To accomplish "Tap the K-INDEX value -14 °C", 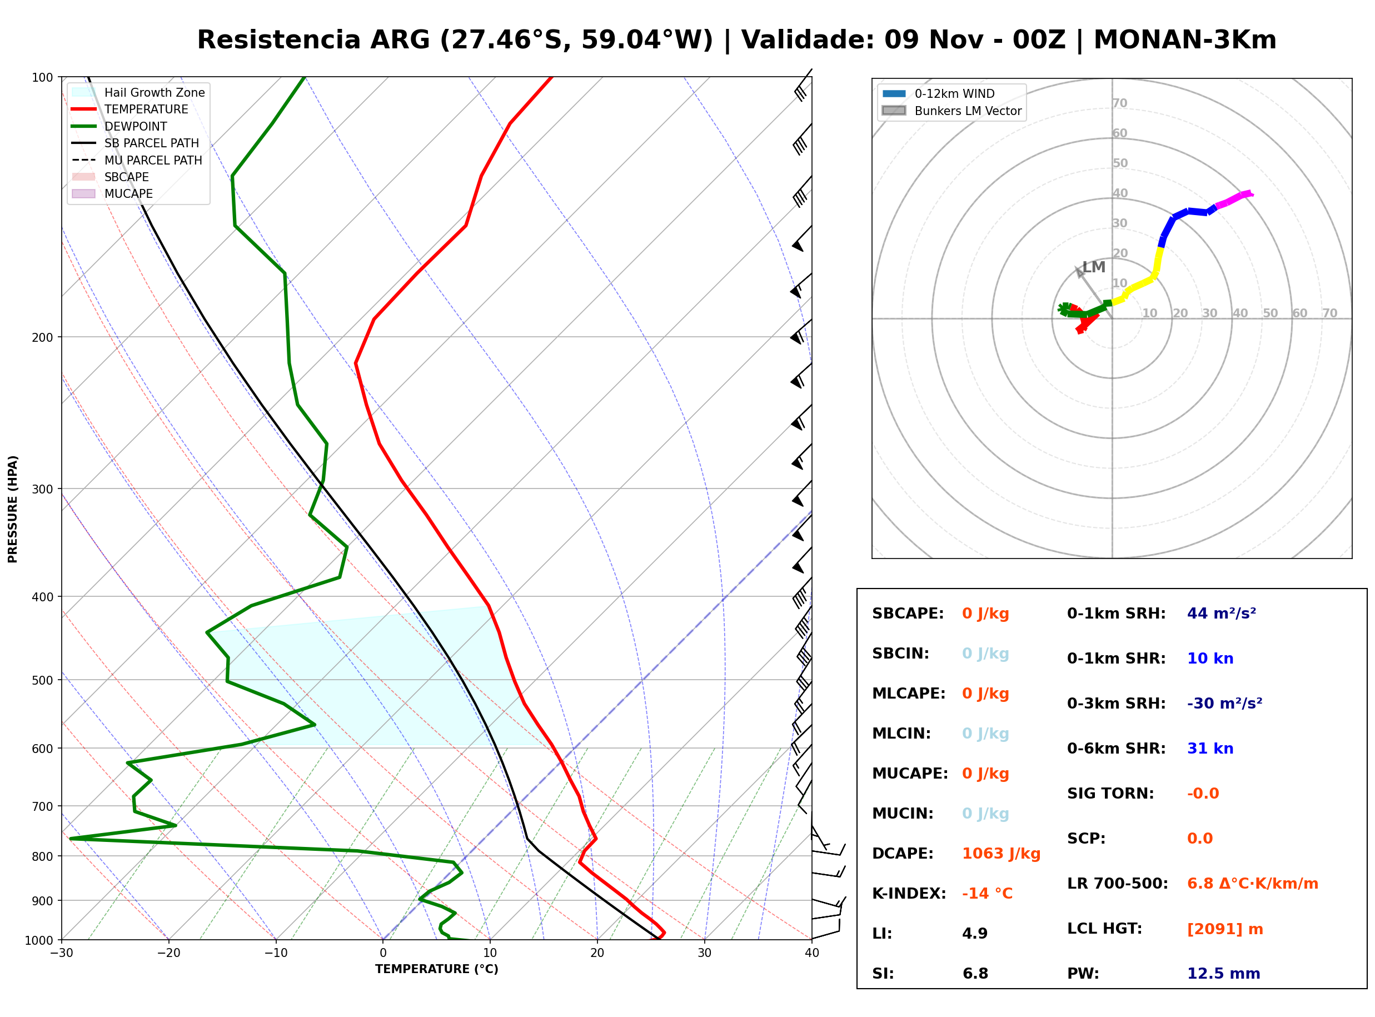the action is coord(987,894).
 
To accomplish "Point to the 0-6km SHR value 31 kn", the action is coord(1210,749).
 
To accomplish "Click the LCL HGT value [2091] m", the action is coord(1225,929).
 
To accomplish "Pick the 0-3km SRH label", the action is coord(1116,704).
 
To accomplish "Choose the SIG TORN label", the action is coord(1110,794).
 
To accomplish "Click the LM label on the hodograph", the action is coord(1094,267).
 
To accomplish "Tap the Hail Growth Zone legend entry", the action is coord(138,92).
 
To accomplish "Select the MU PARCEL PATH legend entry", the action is coord(137,160).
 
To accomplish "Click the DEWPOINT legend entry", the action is coord(119,126).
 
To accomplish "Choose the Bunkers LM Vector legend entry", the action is coord(951,111).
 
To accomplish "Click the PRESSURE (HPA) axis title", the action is coord(13,509).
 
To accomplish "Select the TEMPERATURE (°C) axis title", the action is coord(437,969).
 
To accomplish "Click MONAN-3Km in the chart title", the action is coord(1185,40).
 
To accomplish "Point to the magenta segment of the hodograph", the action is coord(1234,200).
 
